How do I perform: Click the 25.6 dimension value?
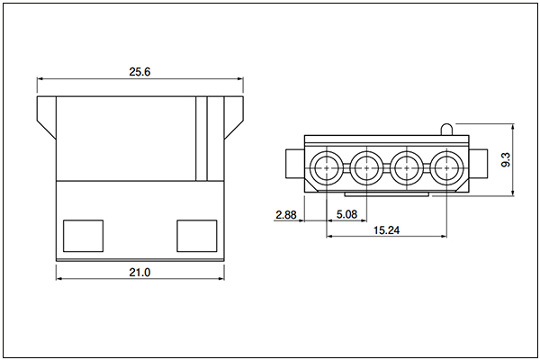(x=139, y=72)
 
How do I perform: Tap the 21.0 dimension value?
(x=139, y=273)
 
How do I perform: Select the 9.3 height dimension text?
(x=506, y=159)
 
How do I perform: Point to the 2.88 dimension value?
(x=286, y=215)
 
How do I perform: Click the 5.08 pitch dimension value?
(x=346, y=214)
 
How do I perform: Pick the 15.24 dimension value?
(x=386, y=230)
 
